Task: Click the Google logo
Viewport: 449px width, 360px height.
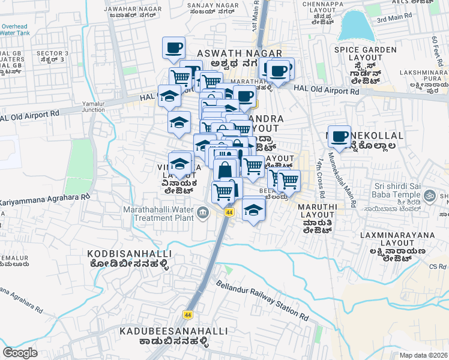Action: (x=20, y=353)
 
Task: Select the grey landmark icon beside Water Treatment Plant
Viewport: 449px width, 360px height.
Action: (x=203, y=211)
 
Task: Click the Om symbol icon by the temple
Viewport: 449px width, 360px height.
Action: (x=430, y=195)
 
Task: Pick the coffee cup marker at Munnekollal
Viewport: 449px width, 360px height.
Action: (x=339, y=136)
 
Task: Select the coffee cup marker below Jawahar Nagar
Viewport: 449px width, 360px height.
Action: (x=173, y=47)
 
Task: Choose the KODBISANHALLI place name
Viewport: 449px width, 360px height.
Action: (x=129, y=254)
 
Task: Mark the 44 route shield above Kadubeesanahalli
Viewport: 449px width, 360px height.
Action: (x=188, y=314)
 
